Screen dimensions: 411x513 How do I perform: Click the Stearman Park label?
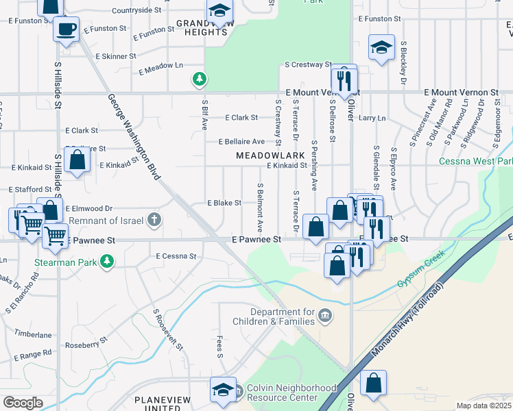click(65, 262)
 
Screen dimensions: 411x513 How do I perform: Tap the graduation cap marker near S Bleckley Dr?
click(381, 47)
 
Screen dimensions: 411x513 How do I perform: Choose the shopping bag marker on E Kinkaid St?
click(78, 160)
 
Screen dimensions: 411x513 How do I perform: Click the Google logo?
click(23, 403)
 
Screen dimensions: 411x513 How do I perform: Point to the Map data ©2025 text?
click(484, 406)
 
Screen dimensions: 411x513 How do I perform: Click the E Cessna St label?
click(176, 256)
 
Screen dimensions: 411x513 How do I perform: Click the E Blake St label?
click(224, 203)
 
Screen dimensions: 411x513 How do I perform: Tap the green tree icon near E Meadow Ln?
click(199, 80)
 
